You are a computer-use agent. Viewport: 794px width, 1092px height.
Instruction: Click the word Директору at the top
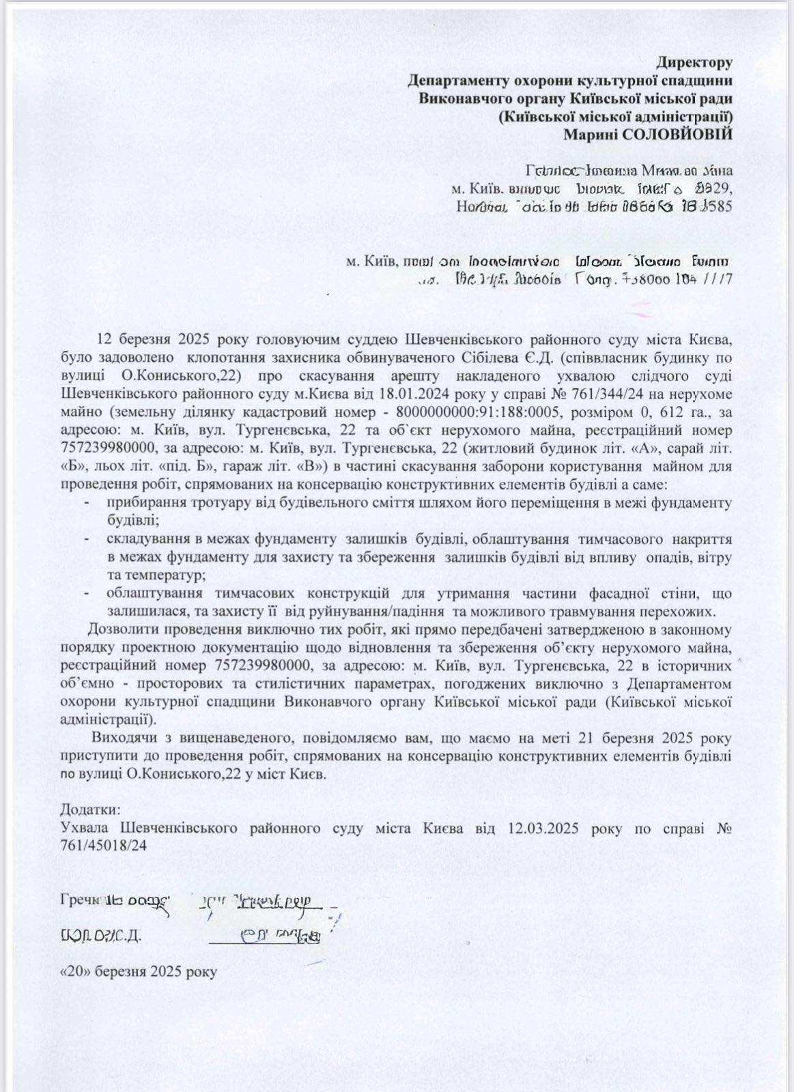(694, 63)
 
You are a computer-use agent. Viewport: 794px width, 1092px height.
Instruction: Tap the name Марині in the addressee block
(591, 134)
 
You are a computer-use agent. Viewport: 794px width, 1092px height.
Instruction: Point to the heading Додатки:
(91, 810)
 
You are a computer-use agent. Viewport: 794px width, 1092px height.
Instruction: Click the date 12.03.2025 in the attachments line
(543, 829)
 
